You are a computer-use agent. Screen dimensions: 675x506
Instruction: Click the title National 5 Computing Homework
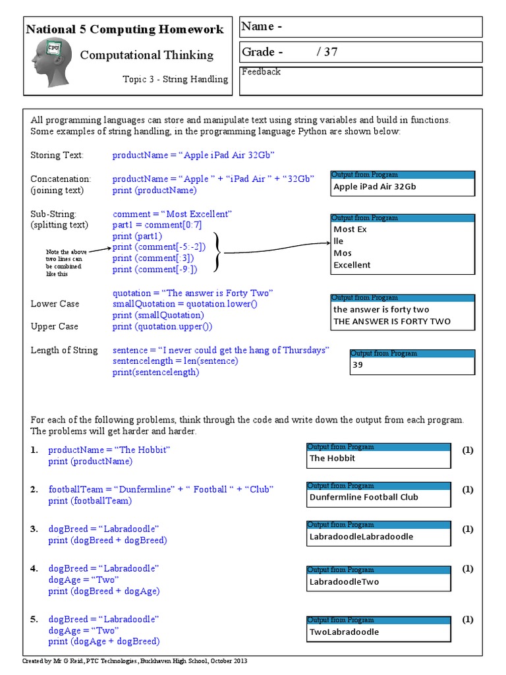click(125, 30)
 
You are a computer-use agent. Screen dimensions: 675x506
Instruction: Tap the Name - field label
click(262, 27)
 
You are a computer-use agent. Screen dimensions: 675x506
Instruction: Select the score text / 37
click(327, 52)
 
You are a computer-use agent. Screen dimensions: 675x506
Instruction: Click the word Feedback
click(261, 72)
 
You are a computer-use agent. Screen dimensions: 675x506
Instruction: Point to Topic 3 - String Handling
click(175, 79)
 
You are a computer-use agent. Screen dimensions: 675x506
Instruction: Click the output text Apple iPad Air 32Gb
click(374, 187)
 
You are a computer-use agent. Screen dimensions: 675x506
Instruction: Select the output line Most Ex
click(350, 229)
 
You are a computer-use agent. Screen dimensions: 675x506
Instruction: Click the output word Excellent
click(352, 265)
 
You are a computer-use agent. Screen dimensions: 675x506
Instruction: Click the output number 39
click(358, 365)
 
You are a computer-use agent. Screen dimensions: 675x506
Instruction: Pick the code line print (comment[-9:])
click(155, 269)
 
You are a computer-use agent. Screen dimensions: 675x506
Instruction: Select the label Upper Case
click(54, 326)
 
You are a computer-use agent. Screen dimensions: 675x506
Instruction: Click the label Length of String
click(64, 350)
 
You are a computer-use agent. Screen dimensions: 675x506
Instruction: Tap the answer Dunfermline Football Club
click(364, 497)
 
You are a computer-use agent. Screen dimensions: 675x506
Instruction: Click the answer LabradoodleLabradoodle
click(361, 537)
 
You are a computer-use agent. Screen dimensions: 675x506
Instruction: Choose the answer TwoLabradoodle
click(344, 632)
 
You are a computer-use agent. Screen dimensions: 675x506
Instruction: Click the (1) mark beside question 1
click(467, 450)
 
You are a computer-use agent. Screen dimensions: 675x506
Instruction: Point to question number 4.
click(34, 568)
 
